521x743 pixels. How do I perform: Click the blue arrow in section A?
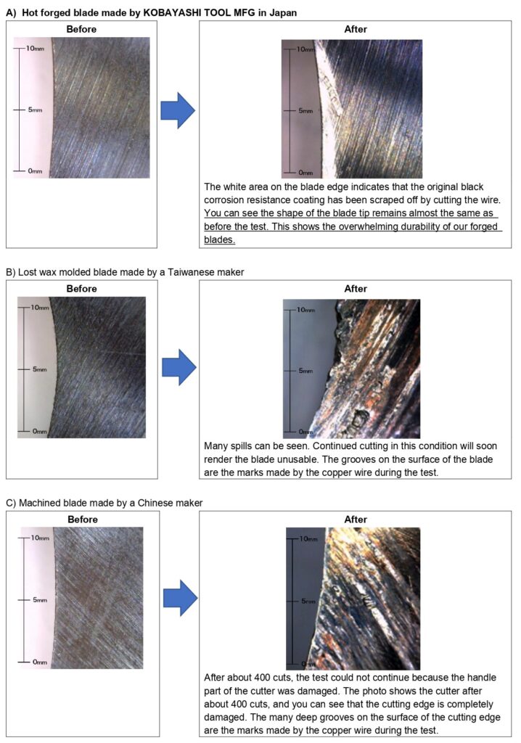tap(178, 110)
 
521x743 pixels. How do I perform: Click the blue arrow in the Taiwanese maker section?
tap(179, 367)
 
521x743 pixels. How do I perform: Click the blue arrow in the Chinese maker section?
tap(180, 598)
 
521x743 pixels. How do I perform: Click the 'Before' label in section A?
tap(81, 29)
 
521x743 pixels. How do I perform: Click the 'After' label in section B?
tap(356, 289)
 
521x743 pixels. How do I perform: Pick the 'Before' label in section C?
tap(83, 520)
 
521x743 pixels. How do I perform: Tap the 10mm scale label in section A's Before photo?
tap(35, 49)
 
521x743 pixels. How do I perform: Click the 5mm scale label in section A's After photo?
tap(305, 110)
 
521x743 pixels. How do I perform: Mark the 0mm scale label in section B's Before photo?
tap(40, 431)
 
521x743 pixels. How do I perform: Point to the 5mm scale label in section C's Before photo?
tap(40, 600)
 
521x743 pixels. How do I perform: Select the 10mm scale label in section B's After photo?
tap(305, 310)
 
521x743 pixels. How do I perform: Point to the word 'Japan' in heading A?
tap(283, 13)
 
